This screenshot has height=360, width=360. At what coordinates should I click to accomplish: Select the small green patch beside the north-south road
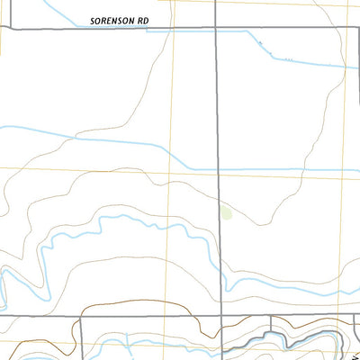pos(225,213)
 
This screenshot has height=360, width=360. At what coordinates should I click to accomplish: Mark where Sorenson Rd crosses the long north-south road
pos(217,29)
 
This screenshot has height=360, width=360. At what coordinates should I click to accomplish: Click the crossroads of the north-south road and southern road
pos(220,316)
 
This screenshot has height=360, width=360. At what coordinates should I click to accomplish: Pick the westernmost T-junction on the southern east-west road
pos(81,317)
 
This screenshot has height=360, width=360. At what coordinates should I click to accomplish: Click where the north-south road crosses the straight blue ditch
pos(218,168)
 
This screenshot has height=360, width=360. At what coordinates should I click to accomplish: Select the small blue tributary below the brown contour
pos(130,342)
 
